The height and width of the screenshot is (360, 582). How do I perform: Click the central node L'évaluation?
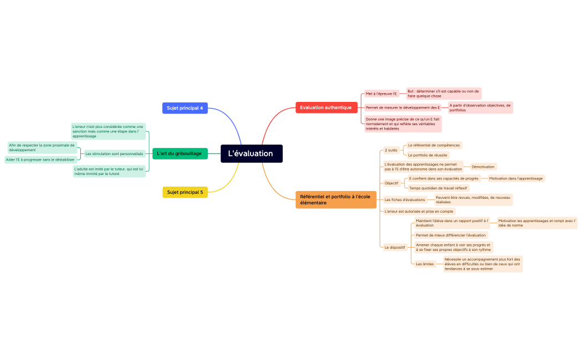pos(251,153)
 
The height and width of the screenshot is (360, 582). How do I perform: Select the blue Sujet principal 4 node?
pos(185,108)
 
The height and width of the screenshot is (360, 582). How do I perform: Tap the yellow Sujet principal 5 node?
pos(185,192)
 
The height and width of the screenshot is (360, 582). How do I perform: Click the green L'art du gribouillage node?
pos(179,153)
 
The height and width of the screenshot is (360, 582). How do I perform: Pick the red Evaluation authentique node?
pos(326,107)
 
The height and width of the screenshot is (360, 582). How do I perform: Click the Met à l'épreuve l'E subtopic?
pos(381,94)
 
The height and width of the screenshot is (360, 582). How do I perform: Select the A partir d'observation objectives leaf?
pos(480,107)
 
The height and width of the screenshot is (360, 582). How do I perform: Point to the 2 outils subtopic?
pos(391,150)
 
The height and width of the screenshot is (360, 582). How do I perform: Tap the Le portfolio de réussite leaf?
pos(427,155)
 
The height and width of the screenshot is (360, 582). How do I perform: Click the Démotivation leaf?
pos(483,166)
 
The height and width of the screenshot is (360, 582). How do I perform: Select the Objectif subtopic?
pos(391,183)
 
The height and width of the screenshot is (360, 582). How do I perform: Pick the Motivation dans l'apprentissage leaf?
pos(515,178)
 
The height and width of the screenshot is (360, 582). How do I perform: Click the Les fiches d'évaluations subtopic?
pos(405,199)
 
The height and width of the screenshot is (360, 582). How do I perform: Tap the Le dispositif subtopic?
pos(395,247)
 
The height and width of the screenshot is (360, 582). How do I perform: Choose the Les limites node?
pos(425,264)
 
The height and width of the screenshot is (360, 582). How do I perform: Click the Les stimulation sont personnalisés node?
pos(114,153)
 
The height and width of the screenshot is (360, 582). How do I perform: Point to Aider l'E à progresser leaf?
pos(40,160)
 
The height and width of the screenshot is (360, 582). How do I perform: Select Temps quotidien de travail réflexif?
pos(438,188)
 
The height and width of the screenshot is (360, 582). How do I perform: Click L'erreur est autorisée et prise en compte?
pos(418,211)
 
